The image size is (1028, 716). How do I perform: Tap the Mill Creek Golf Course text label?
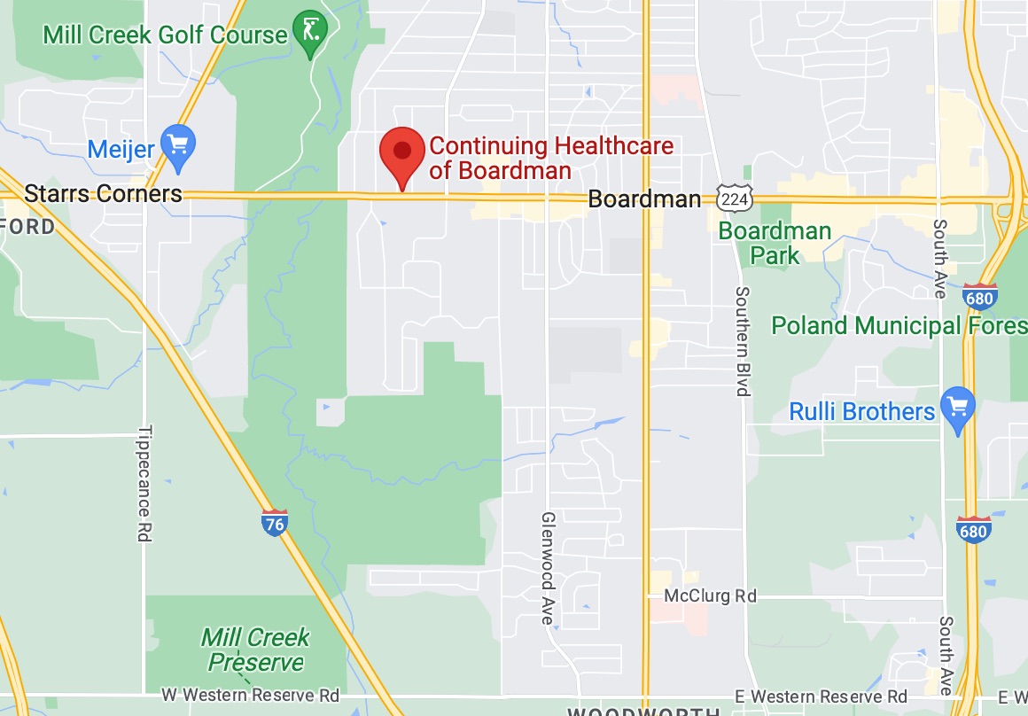tap(166, 35)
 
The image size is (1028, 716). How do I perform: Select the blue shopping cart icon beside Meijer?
tap(180, 147)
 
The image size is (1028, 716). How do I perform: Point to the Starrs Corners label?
tap(103, 194)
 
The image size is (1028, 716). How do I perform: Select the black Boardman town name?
tap(644, 199)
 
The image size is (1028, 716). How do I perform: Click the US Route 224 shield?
tap(735, 199)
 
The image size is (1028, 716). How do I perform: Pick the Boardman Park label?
tap(775, 244)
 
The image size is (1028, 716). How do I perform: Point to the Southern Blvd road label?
tap(743, 341)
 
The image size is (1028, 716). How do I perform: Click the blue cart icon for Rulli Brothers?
tap(957, 409)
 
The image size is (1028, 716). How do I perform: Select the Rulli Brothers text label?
tap(861, 411)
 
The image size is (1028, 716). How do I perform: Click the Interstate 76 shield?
tap(275, 523)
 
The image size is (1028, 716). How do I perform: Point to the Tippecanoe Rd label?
tap(144, 484)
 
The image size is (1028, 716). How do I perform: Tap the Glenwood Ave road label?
tap(549, 568)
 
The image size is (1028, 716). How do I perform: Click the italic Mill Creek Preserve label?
tap(255, 650)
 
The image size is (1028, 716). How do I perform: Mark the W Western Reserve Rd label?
tap(251, 696)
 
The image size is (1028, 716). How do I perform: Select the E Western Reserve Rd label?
tap(823, 697)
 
